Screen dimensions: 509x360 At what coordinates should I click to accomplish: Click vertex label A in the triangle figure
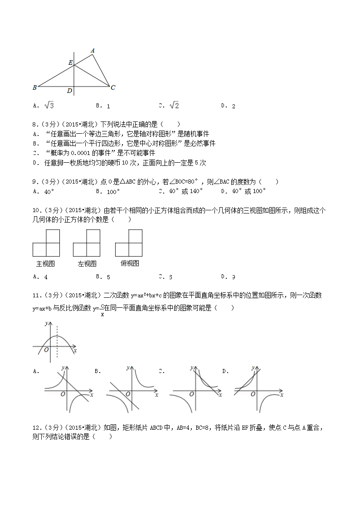[x=92, y=50]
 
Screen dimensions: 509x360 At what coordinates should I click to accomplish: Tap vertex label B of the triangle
[x=34, y=87]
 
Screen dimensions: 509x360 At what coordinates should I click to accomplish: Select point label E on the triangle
[x=70, y=63]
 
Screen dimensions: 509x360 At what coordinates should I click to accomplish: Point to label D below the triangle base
[x=69, y=91]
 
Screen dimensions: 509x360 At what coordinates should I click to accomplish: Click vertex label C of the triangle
[x=113, y=87]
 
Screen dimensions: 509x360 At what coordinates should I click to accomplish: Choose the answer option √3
[x=49, y=106]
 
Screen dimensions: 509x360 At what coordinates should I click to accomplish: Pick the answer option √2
[x=174, y=106]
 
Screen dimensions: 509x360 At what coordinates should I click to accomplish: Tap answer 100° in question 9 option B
[x=113, y=191]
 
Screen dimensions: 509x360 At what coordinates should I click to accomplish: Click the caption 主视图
[x=45, y=263]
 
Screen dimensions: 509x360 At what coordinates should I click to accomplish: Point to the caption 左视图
[x=87, y=263]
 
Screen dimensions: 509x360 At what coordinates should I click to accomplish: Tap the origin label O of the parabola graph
[x=46, y=349]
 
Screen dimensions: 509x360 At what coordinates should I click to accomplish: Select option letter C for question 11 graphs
[x=161, y=371]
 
